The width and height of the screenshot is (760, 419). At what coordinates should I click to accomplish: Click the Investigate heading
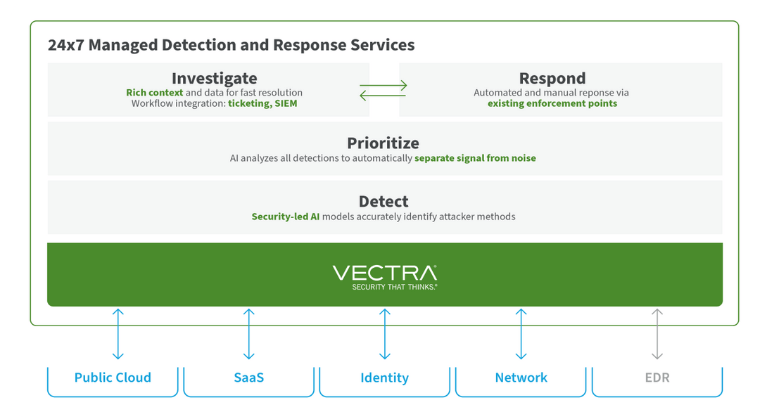pos(214,78)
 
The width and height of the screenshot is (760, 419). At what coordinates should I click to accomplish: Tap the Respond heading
pos(552,78)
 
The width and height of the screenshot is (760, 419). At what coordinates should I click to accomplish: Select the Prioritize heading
pos(383,143)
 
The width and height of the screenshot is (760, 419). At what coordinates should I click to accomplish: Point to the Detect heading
pos(384,201)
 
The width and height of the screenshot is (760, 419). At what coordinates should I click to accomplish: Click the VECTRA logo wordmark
pos(384,273)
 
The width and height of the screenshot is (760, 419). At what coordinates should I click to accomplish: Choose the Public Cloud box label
pos(113,378)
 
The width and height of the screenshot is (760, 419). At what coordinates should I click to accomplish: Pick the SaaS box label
pos(248,378)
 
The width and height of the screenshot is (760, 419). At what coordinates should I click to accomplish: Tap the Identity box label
pos(384,378)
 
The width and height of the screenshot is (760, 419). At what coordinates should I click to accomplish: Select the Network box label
pos(521,378)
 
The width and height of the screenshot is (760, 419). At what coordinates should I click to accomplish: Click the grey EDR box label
pos(657,378)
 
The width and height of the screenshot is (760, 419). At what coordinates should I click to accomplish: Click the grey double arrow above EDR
pos(657,334)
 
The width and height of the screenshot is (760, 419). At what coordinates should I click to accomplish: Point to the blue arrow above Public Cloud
pos(118,334)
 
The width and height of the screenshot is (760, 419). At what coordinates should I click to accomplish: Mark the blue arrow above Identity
pos(384,334)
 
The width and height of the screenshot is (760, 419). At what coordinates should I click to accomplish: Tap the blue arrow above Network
pos(521,334)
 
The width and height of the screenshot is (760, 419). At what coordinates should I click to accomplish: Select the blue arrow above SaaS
pos(248,334)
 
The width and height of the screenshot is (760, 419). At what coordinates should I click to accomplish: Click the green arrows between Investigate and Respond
pos(384,90)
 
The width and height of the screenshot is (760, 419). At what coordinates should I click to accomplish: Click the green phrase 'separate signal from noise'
pos(475,158)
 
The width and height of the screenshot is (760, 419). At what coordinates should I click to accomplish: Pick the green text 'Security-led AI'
pos(285,217)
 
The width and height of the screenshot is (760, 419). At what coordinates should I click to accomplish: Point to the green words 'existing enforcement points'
pos(552,103)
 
